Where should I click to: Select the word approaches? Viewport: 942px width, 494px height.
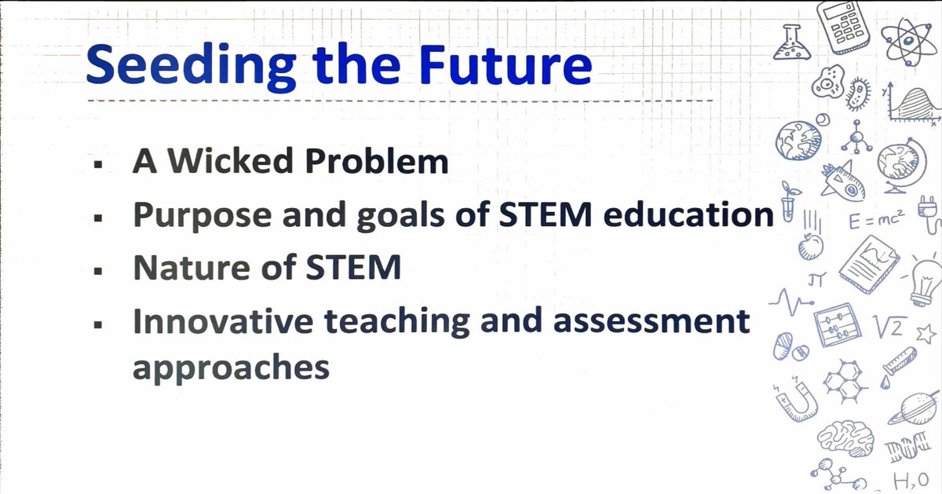tap(231, 368)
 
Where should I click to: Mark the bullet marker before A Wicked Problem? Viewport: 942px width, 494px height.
tap(97, 165)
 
